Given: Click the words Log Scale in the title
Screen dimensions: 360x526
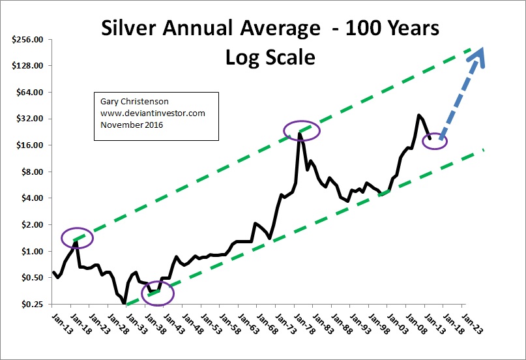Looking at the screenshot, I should pyautogui.click(x=270, y=57).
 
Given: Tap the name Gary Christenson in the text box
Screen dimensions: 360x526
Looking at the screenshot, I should pyautogui.click(x=128, y=102).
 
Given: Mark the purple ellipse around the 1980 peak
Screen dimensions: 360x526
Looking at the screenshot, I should pyautogui.click(x=301, y=131).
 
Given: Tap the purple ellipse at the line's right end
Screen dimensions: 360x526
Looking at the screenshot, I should pyautogui.click(x=435, y=140).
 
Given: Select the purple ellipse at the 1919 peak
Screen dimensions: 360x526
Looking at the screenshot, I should pyautogui.click(x=78, y=238).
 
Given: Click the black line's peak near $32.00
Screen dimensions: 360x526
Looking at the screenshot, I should pyautogui.click(x=418, y=115).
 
